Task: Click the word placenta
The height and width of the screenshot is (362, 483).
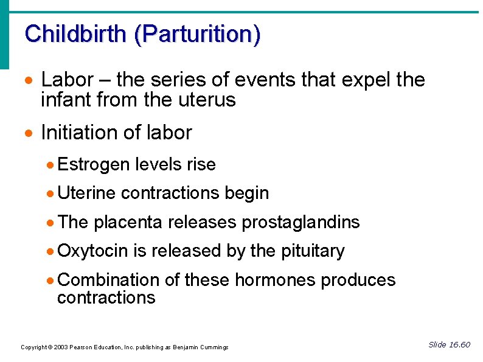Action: [128, 223]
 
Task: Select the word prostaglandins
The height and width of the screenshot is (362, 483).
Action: [301, 223]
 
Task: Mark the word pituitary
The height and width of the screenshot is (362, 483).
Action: [313, 251]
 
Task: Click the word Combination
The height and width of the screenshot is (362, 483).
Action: [108, 280]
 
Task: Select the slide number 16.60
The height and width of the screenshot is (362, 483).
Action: [459, 345]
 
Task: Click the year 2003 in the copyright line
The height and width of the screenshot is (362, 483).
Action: [60, 347]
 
